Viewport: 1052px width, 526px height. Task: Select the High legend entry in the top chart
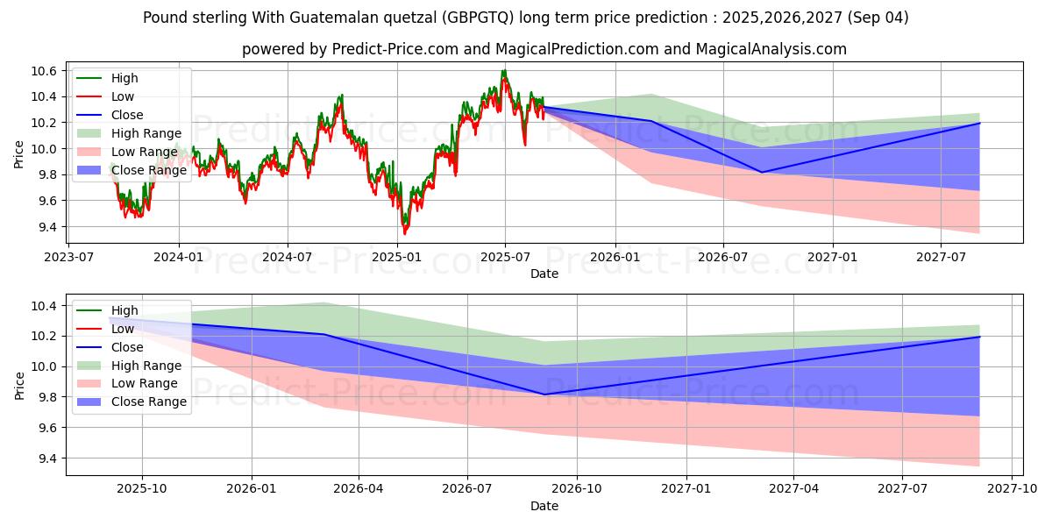click(x=124, y=78)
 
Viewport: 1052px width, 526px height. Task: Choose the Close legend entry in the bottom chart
click(x=127, y=347)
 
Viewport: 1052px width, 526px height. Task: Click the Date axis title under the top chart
click(x=544, y=274)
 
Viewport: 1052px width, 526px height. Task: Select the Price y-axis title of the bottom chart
click(x=19, y=384)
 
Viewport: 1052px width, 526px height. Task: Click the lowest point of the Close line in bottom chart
click(x=544, y=394)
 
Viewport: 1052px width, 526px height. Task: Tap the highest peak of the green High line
click(x=504, y=70)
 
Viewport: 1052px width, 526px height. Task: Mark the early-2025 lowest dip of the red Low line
click(x=404, y=234)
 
